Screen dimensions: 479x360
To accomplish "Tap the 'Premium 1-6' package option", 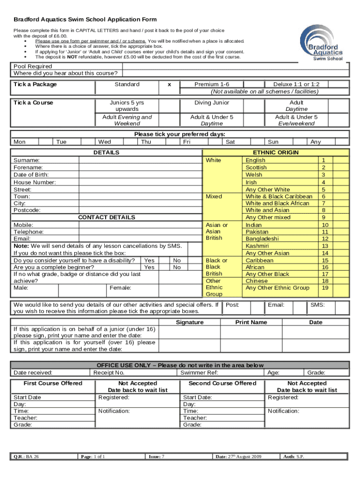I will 212,84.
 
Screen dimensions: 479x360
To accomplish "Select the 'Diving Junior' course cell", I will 212,102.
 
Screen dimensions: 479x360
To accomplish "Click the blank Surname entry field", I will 140,160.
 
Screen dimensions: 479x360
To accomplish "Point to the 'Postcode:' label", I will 27,210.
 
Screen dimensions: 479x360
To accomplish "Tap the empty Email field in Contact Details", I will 140,239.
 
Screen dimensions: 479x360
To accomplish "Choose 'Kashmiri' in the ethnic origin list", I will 257,246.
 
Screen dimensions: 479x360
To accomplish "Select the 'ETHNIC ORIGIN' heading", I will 275,152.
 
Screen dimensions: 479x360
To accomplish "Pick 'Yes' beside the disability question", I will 149,260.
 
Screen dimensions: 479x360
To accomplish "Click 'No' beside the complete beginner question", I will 177,267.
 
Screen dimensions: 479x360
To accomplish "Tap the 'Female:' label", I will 120,288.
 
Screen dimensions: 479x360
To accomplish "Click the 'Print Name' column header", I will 251,322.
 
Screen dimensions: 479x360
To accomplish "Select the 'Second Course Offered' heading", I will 222,383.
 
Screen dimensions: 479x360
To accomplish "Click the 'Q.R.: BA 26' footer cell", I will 26,457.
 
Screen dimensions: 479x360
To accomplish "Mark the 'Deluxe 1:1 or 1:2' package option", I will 296,84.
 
